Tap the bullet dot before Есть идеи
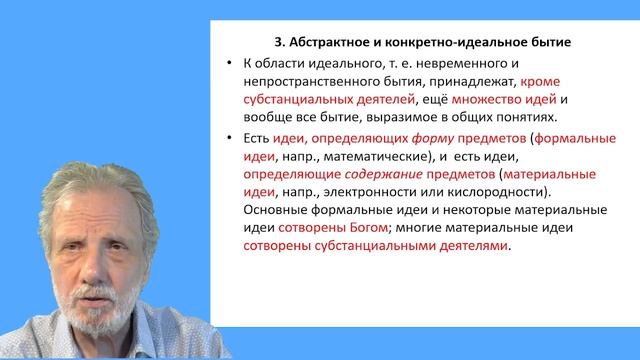[232, 137]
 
